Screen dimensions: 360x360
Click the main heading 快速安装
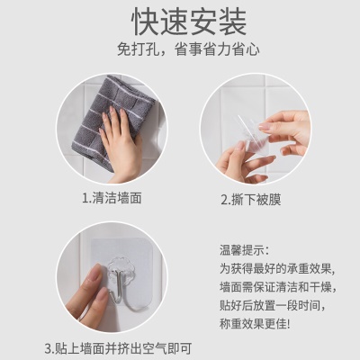tap(180, 20)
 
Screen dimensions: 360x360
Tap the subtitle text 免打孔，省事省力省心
tap(180, 50)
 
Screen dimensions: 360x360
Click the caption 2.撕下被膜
tap(251, 199)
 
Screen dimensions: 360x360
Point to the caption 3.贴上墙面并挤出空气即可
tap(117, 347)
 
